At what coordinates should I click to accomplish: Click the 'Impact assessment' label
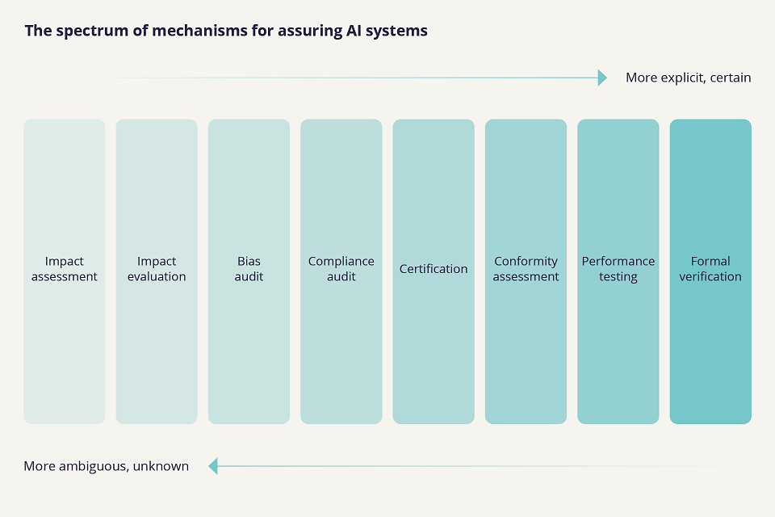point(65,269)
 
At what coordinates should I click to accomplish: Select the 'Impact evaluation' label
point(157,269)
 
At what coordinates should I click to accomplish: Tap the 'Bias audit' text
point(249,269)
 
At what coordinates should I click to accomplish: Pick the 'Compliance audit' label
point(341,269)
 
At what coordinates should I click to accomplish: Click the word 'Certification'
point(434,269)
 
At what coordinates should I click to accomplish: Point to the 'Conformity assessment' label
point(526,269)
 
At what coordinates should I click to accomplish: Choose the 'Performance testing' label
point(618,269)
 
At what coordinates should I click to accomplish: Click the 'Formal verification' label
point(710,269)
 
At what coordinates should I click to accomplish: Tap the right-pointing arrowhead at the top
point(602,78)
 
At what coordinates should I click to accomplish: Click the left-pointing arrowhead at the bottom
point(213,466)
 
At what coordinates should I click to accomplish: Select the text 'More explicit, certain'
point(688,78)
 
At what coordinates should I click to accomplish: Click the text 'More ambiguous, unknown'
point(106,466)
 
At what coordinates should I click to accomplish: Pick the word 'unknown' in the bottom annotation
point(162,466)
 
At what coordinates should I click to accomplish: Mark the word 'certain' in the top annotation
point(730,78)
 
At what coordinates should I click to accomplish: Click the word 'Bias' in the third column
point(249,261)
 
